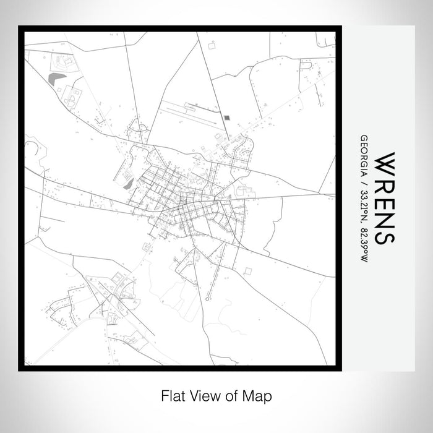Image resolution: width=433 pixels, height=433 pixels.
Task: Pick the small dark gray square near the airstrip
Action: pos(226,116)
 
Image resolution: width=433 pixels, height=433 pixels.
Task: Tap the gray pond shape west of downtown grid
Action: pos(128,183)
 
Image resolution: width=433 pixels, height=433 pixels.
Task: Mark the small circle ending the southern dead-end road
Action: pos(207,299)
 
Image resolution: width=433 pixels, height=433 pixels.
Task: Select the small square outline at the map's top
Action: pos(212,45)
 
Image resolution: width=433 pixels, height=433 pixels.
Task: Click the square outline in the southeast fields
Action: pos(247,270)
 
